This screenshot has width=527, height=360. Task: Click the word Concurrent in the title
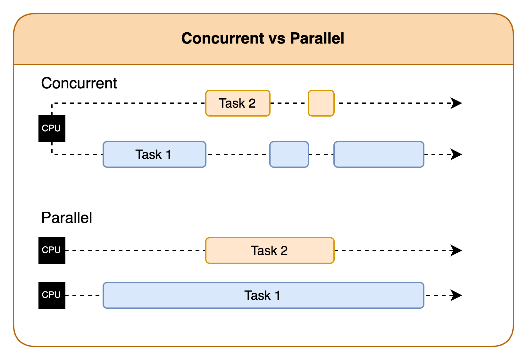(223, 38)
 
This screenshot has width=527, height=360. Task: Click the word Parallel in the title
(317, 38)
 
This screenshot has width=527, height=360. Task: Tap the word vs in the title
(277, 39)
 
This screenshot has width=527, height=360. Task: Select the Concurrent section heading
(79, 83)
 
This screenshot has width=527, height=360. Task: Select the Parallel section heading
(67, 218)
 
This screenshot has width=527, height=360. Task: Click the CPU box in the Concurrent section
(52, 128)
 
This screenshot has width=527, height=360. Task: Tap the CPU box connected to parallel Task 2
(52, 250)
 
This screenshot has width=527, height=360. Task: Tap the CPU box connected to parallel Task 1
(52, 295)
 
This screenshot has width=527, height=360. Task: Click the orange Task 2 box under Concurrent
(238, 103)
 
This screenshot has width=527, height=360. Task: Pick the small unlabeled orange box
(321, 103)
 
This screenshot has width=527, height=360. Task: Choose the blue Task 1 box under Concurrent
(154, 154)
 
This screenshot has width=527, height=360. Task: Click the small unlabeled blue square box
(289, 154)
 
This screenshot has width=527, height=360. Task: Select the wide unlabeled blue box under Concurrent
(379, 154)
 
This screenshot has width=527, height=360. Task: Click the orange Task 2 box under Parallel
(270, 250)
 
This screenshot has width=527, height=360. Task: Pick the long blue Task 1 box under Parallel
(263, 295)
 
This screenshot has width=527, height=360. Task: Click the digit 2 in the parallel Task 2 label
(284, 250)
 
